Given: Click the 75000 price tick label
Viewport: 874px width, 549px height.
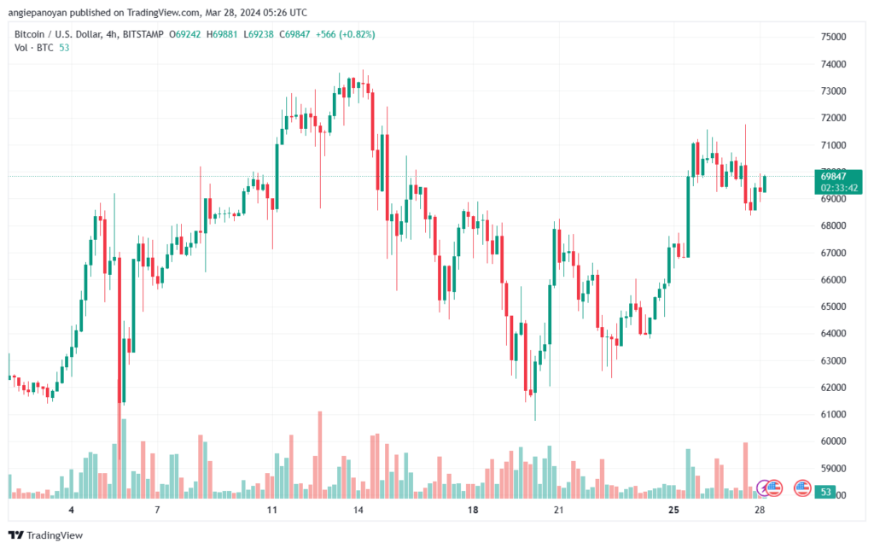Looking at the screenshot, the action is (833, 37).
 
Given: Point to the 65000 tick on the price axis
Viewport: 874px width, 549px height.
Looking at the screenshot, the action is (833, 307).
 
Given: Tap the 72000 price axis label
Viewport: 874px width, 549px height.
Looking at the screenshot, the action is (833, 118).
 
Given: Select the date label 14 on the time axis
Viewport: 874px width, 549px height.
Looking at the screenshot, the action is (358, 510).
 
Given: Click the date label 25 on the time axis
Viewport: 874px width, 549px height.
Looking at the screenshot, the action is (673, 510).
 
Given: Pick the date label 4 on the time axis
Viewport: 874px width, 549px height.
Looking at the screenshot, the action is (72, 510).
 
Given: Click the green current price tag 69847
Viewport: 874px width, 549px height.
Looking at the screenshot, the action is (833, 177).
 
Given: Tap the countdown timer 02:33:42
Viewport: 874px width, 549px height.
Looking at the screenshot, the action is (839, 188).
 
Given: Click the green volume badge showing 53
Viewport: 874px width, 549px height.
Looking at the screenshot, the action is (825, 492).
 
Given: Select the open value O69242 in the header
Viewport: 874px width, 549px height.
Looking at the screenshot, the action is (184, 34).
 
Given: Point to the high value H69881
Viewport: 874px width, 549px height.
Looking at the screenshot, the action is (222, 34).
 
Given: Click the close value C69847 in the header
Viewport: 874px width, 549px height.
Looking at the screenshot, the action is (294, 34).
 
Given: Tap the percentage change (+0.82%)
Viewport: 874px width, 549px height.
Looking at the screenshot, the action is (358, 34).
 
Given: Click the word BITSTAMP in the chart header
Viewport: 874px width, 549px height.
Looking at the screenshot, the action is (143, 34).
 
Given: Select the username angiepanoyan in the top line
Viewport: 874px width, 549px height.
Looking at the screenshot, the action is (45, 13).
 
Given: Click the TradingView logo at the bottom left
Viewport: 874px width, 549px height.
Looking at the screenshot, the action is (46, 535).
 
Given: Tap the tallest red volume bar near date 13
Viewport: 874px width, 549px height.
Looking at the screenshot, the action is (320, 454).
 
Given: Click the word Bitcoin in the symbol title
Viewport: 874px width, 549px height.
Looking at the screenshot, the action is (29, 34).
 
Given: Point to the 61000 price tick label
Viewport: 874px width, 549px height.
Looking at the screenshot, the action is (833, 414).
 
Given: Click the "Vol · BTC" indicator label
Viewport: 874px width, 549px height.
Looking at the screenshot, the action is (34, 48).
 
